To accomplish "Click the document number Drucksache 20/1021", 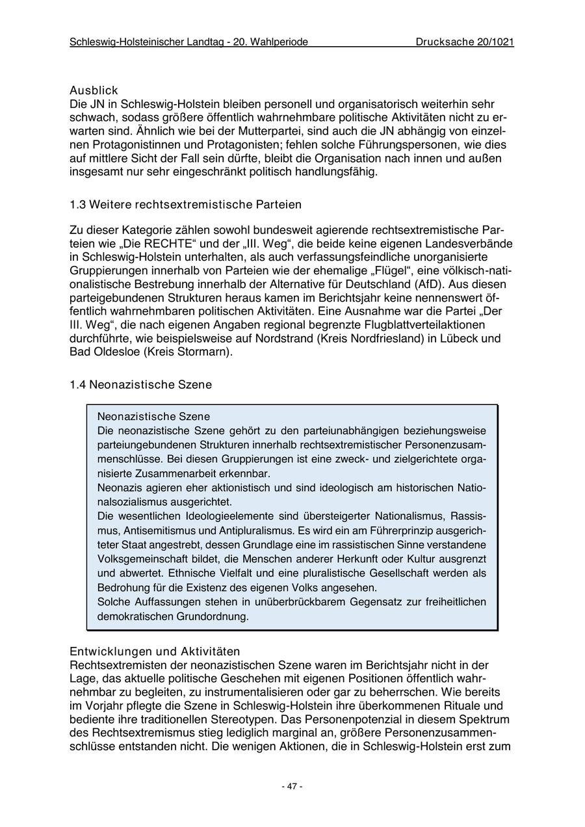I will [x=465, y=42].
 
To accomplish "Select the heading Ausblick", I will [x=94, y=91].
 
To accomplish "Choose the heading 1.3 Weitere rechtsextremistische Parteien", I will [x=185, y=205].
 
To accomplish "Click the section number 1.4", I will [x=78, y=385].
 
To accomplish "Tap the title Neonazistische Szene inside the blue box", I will [x=153, y=416].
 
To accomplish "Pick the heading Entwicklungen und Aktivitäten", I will [x=155, y=651].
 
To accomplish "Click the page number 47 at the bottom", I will [x=292, y=786].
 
